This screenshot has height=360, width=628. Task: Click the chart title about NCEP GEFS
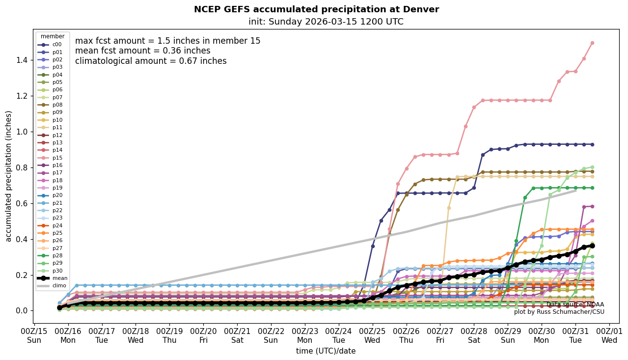(316, 9)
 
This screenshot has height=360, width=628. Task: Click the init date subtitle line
(326, 22)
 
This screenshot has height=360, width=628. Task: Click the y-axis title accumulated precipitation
(8, 176)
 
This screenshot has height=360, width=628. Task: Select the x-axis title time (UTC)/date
(326, 351)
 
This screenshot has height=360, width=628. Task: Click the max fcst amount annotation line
(167, 41)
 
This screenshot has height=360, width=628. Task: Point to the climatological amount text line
(151, 61)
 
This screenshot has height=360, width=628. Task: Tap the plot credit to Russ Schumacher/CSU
(559, 312)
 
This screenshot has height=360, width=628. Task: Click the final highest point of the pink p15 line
(592, 43)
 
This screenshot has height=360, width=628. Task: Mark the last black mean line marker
(592, 246)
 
